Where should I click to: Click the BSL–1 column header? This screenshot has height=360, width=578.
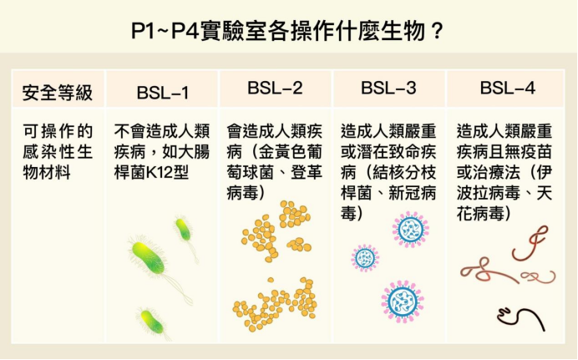(163, 93)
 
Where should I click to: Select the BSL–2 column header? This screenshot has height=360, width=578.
(275, 88)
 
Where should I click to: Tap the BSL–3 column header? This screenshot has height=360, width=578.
(388, 88)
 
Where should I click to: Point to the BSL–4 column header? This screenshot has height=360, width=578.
(507, 88)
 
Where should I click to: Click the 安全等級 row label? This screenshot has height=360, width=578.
(58, 93)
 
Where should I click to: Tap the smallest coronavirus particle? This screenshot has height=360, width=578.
(365, 258)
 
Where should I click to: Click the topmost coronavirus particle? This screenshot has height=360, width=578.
(411, 230)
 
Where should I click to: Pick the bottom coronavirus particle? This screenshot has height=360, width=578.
(403, 302)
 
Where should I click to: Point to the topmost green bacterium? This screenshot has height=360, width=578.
(183, 229)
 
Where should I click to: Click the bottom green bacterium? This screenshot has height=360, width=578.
(152, 322)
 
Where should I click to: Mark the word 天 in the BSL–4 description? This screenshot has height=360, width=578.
(545, 193)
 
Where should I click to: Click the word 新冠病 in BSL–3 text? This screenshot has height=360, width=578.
(412, 193)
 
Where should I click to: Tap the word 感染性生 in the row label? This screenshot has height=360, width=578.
(58, 152)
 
